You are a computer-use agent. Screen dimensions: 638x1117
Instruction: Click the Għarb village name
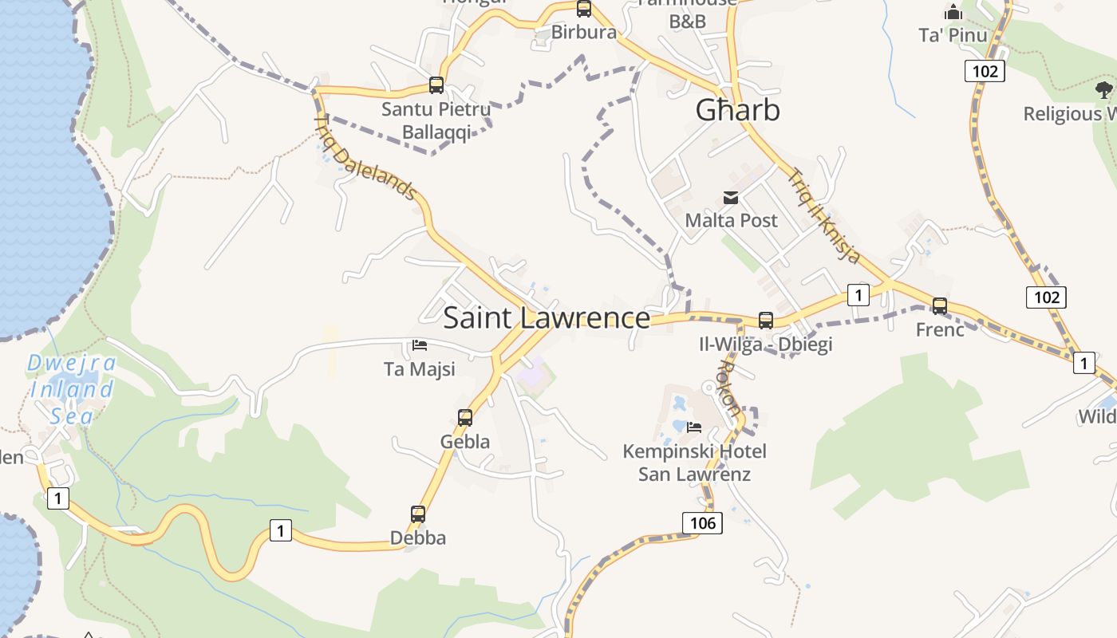click(x=737, y=110)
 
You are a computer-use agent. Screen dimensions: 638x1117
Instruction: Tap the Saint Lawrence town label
click(x=547, y=317)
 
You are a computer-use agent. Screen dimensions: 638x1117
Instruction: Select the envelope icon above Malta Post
click(x=731, y=198)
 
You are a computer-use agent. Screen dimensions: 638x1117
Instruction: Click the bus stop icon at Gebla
click(x=465, y=417)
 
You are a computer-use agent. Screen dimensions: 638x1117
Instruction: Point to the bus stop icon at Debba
click(x=418, y=514)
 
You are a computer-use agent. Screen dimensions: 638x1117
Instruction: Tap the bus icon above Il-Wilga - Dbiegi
click(x=766, y=321)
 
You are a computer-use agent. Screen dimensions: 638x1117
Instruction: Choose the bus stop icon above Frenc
click(x=940, y=305)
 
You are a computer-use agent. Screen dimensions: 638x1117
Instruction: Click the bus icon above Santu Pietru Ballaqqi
click(x=436, y=85)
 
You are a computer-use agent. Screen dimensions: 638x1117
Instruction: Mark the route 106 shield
click(x=702, y=522)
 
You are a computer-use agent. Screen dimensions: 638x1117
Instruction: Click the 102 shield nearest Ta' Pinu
click(x=985, y=71)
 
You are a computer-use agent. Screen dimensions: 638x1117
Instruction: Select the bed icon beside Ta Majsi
click(x=420, y=345)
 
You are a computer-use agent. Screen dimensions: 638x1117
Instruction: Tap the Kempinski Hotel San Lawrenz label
click(x=694, y=463)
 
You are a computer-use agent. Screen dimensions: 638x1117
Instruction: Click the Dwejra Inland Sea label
click(x=72, y=389)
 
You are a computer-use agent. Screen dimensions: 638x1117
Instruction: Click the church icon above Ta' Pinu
click(x=953, y=13)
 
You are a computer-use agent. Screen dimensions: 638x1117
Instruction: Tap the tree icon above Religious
click(x=1104, y=89)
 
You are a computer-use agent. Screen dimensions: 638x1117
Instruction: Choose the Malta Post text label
click(x=731, y=220)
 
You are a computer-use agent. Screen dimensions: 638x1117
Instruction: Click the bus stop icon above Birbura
click(x=584, y=9)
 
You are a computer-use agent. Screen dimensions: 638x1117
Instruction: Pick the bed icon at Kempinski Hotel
click(x=694, y=427)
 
